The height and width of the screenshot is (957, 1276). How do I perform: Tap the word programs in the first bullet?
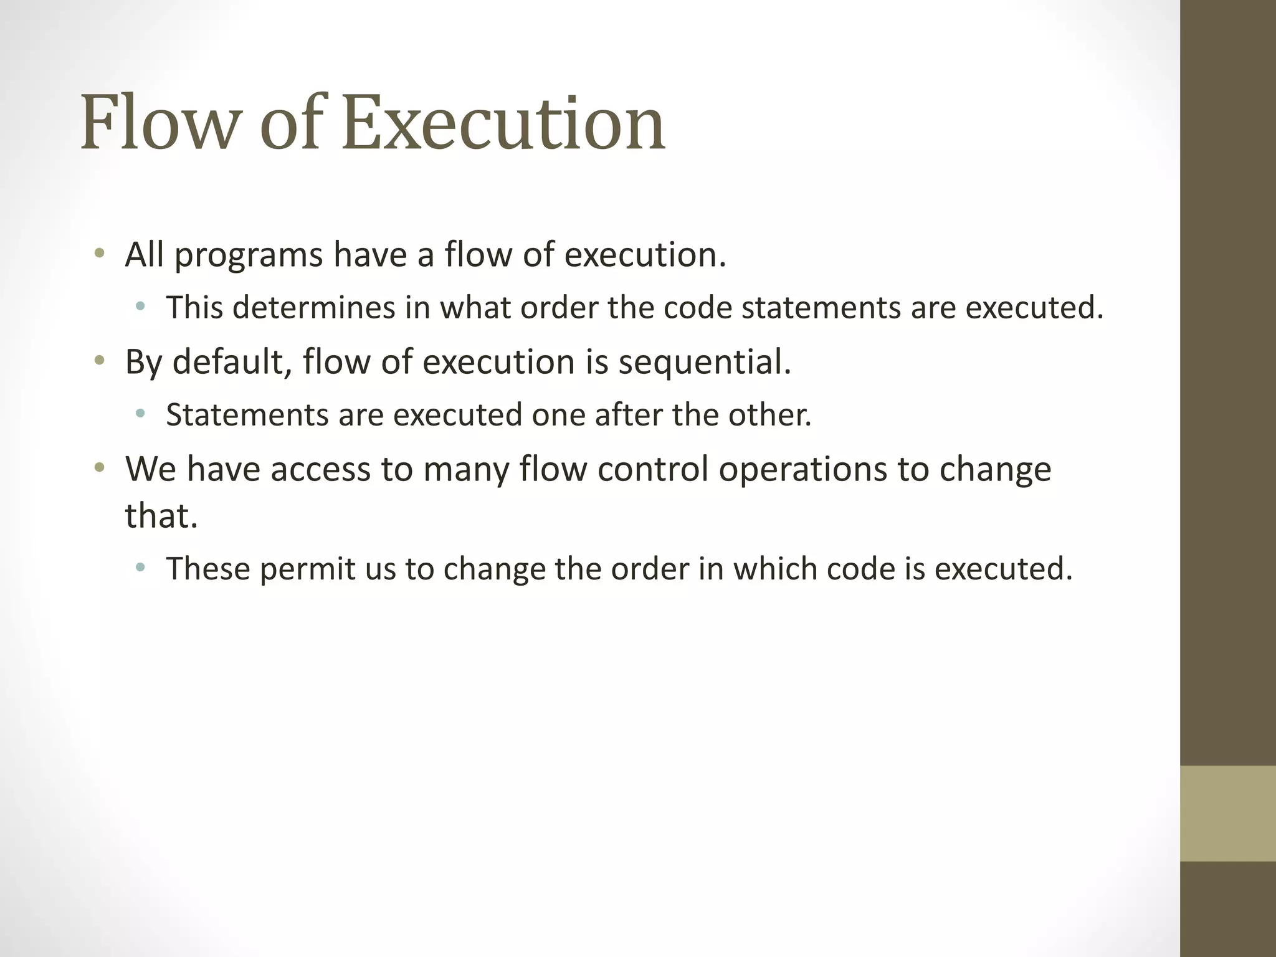(x=249, y=255)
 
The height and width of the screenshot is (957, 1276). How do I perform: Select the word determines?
(x=315, y=308)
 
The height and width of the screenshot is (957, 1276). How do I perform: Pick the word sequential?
(x=704, y=361)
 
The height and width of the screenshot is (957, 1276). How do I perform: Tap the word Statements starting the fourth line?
(x=247, y=414)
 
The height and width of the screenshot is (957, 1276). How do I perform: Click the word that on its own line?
(x=161, y=516)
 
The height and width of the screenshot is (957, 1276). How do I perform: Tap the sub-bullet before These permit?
(x=140, y=568)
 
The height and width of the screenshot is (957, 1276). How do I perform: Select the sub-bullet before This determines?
(x=140, y=307)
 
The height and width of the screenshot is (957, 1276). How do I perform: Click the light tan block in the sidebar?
(x=1228, y=813)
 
